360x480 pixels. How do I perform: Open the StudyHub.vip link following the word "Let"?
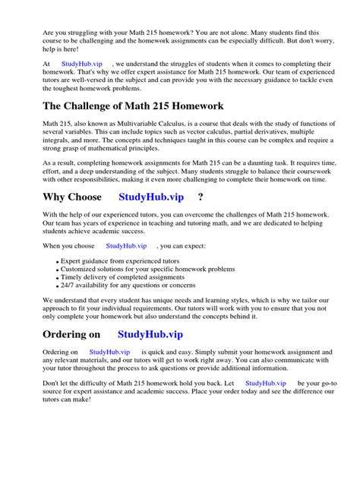click(x=266, y=384)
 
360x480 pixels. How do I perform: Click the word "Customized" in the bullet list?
click(x=78, y=269)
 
